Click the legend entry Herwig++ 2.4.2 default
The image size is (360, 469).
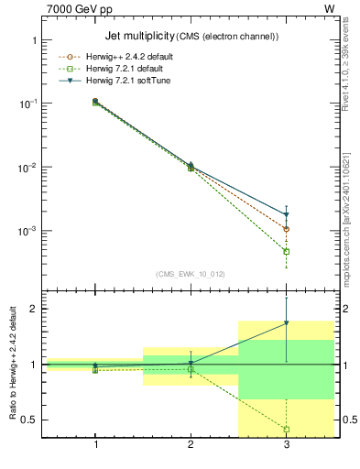point(136,57)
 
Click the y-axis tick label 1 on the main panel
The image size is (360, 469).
point(33,41)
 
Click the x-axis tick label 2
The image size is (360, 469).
point(191,445)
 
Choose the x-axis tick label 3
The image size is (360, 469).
point(287,445)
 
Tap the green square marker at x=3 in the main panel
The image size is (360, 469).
point(287,251)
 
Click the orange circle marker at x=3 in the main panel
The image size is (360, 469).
point(287,229)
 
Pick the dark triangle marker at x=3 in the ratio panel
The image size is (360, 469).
point(287,323)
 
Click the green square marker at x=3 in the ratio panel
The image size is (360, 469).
point(287,429)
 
